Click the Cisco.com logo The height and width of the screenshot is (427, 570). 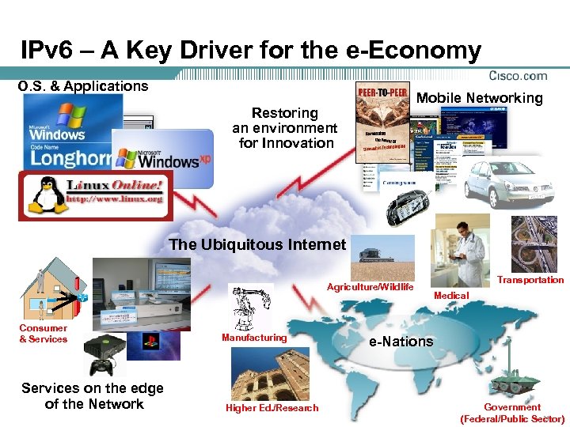point(519,76)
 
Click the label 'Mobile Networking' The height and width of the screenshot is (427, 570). point(479,98)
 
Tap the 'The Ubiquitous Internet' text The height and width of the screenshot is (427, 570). point(258,244)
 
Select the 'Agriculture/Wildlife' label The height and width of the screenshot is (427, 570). point(370,287)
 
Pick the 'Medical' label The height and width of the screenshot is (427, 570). point(452,296)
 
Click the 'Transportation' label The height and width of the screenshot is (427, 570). point(530,280)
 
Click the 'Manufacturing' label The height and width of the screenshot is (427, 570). point(254,338)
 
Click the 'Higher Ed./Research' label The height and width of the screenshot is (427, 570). point(272,408)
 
